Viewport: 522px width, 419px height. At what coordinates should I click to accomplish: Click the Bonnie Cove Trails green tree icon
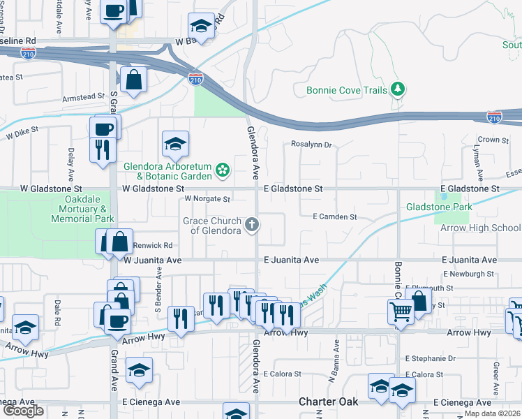click(398, 89)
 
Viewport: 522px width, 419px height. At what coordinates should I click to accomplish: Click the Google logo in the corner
click(23, 411)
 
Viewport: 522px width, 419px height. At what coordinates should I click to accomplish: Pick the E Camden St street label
click(334, 217)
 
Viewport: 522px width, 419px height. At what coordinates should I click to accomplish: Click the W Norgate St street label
click(207, 199)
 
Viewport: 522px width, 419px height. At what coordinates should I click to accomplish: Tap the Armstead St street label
click(83, 97)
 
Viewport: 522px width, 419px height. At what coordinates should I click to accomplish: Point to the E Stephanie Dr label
click(427, 358)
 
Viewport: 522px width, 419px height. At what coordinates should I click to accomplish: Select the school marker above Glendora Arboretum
click(176, 145)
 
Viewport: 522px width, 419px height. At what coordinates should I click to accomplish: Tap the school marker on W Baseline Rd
click(202, 27)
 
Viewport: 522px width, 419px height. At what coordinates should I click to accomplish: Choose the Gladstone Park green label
click(440, 207)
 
